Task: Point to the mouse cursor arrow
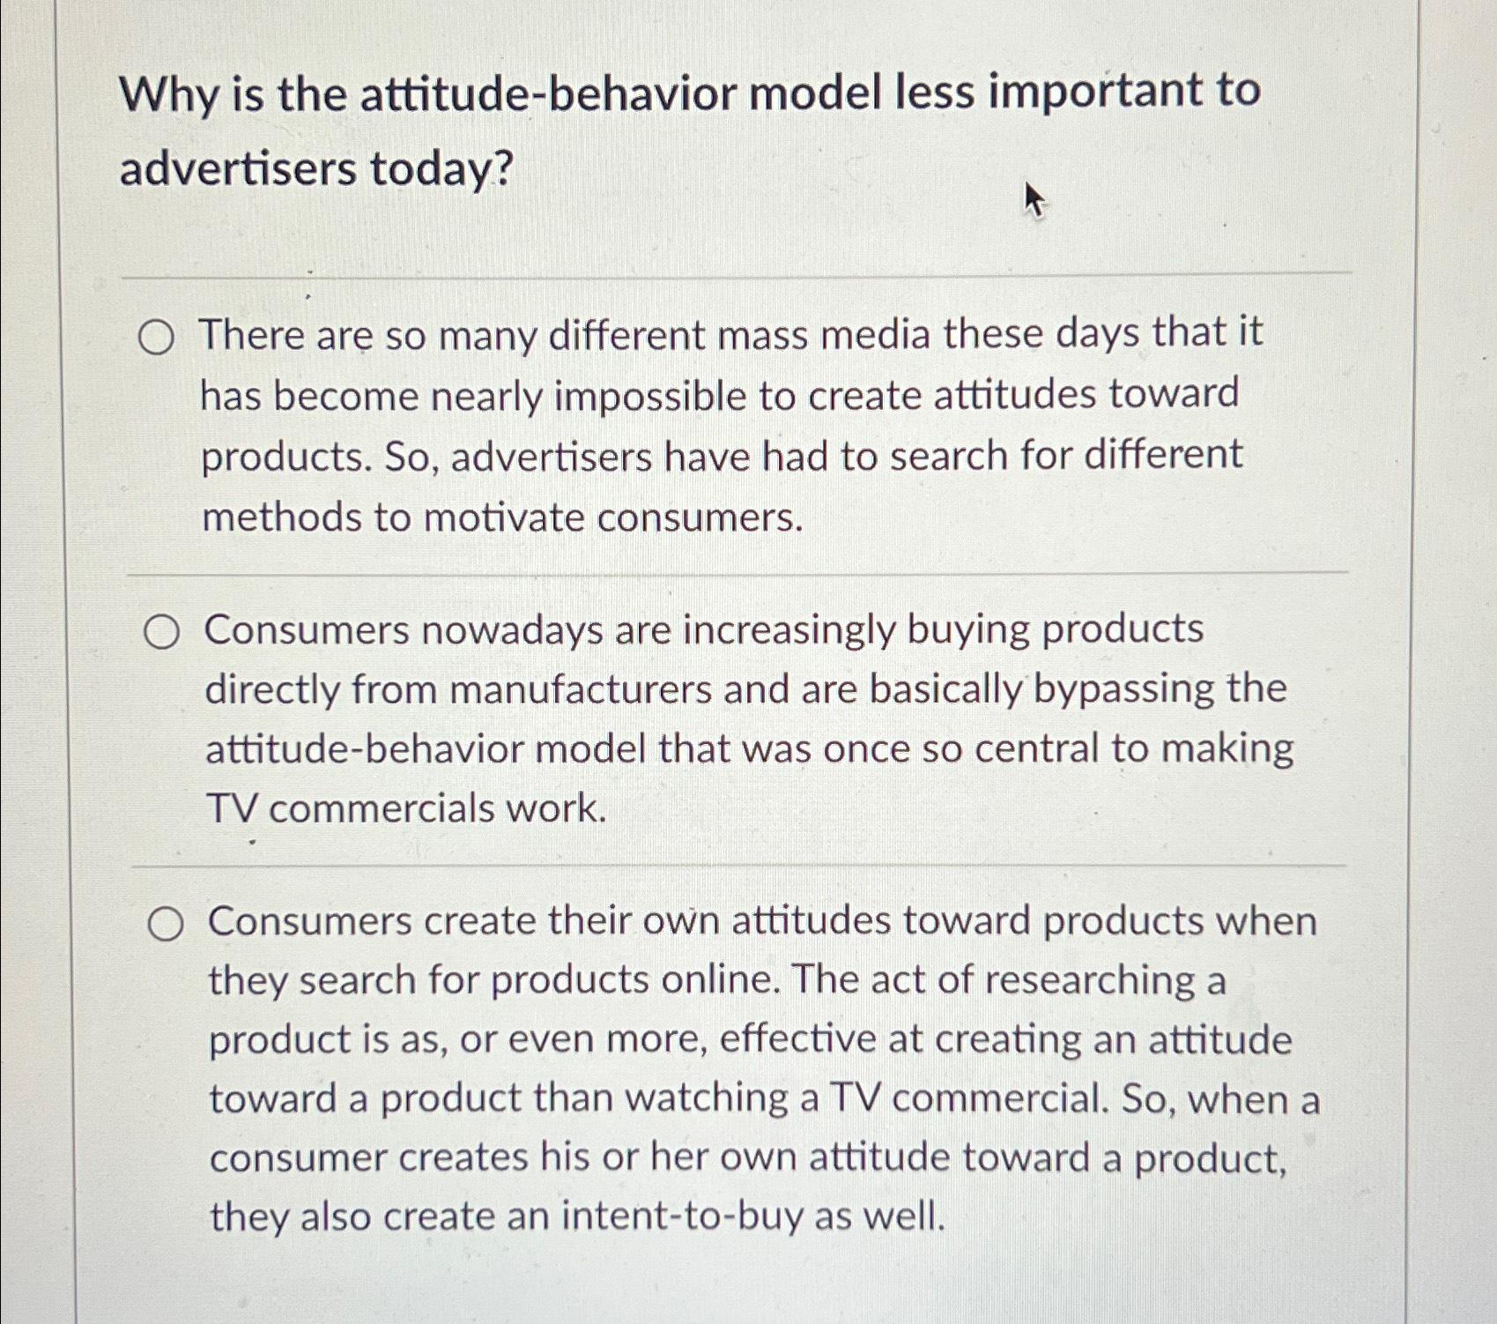pyautogui.click(x=1033, y=200)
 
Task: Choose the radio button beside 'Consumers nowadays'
pyautogui.click(x=162, y=633)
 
